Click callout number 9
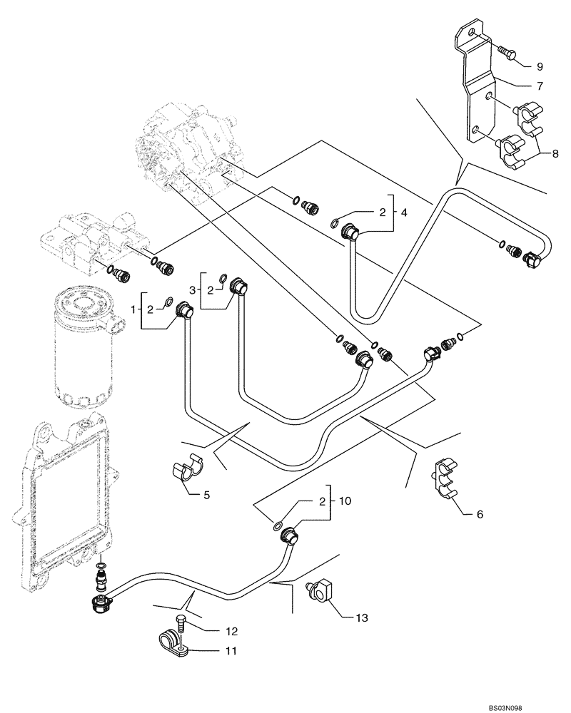click(x=539, y=66)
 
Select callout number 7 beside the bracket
click(x=539, y=86)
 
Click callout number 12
click(x=231, y=631)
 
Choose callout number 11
click(x=231, y=651)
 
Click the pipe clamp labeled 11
click(x=174, y=638)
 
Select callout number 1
click(x=134, y=309)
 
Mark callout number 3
click(x=193, y=289)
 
